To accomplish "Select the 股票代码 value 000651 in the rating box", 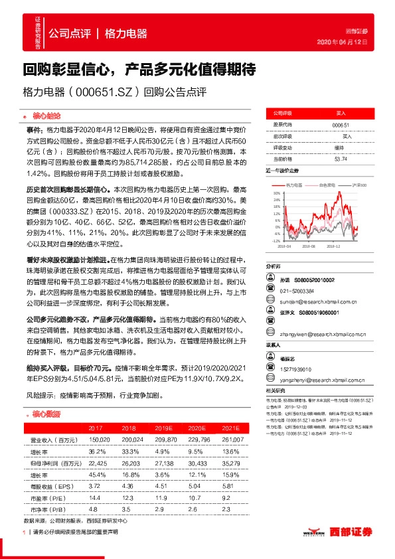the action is (x=340, y=125).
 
